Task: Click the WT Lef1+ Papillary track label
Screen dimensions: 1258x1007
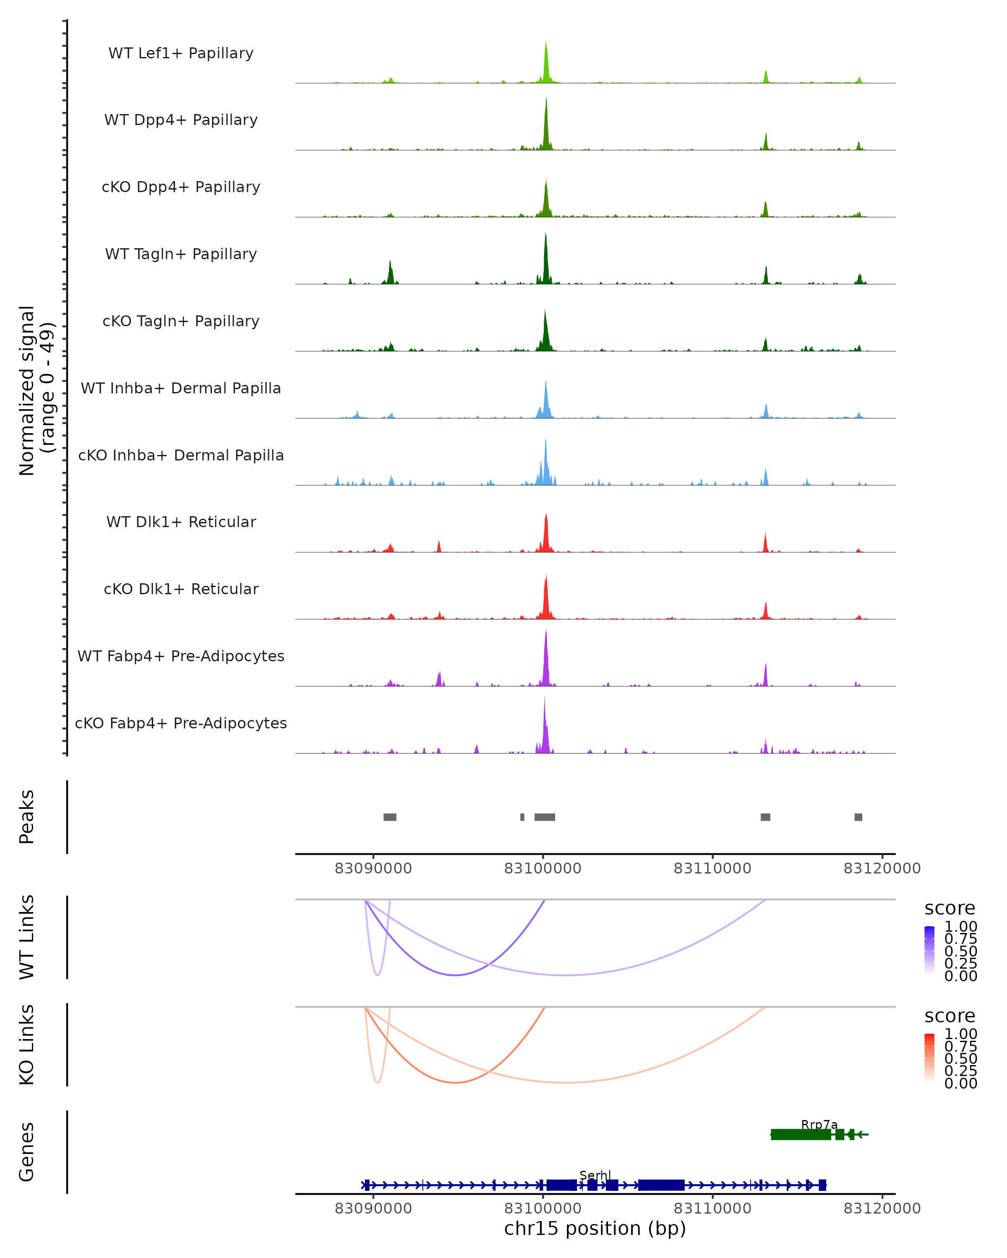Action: (x=181, y=53)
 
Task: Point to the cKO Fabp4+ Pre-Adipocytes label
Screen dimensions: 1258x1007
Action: (x=181, y=723)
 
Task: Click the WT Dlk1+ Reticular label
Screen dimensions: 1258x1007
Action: (x=181, y=522)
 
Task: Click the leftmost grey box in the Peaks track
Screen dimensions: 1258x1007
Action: (x=390, y=817)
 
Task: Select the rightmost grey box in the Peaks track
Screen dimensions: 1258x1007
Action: (x=858, y=817)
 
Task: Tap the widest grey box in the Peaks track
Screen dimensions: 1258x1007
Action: (x=545, y=817)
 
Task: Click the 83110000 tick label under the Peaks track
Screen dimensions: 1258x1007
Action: (x=712, y=868)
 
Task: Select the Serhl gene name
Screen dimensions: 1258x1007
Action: (x=595, y=1175)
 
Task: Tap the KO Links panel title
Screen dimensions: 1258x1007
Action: (x=27, y=1045)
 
